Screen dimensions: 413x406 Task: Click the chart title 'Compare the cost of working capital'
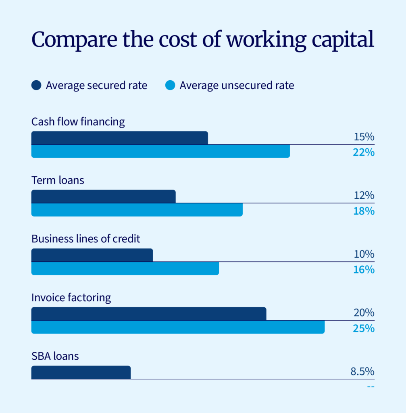202,40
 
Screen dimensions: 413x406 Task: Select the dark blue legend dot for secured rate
36,86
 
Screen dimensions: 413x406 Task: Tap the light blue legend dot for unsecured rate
170,86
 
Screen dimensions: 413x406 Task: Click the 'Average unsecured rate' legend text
237,86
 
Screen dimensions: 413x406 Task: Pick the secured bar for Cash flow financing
119,138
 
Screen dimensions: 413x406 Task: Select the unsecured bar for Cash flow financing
160,151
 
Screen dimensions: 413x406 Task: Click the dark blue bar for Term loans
103,196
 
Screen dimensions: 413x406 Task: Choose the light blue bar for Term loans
137,210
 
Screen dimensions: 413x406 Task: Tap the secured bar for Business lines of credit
92,255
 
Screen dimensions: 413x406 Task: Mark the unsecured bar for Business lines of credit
125,269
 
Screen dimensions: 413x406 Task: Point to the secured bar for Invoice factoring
149,314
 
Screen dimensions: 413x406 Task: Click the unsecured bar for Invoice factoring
178,327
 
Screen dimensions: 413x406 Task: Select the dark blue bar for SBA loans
81,372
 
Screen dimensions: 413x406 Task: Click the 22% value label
364,152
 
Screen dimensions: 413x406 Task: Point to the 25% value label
364,328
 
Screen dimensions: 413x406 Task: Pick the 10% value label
364,254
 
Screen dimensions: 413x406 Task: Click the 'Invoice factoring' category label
71,298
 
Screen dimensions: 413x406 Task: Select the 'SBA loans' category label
55,357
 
